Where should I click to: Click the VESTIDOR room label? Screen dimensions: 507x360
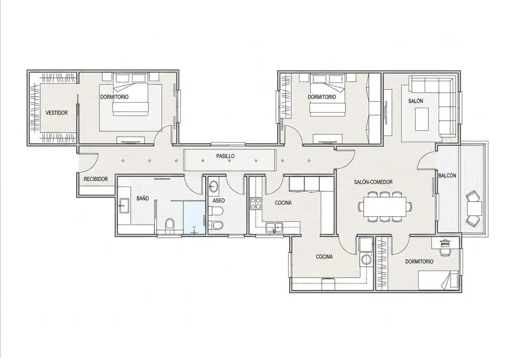57,113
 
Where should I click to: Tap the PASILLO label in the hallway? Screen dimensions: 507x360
226,156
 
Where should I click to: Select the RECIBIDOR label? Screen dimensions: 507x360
96,179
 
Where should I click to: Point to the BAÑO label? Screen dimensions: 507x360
143,198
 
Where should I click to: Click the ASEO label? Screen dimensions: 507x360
219,201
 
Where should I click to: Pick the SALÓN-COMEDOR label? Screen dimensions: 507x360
373,182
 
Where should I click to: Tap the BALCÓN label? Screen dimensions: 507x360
447,176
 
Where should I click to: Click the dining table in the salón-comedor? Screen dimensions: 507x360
385,207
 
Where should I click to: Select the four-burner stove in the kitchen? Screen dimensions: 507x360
255,203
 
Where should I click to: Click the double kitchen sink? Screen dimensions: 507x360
274,227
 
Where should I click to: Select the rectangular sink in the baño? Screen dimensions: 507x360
124,206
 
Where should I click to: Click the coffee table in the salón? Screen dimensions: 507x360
422,119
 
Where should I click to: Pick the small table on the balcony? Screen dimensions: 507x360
474,208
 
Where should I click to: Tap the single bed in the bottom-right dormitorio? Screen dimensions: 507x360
438,280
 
